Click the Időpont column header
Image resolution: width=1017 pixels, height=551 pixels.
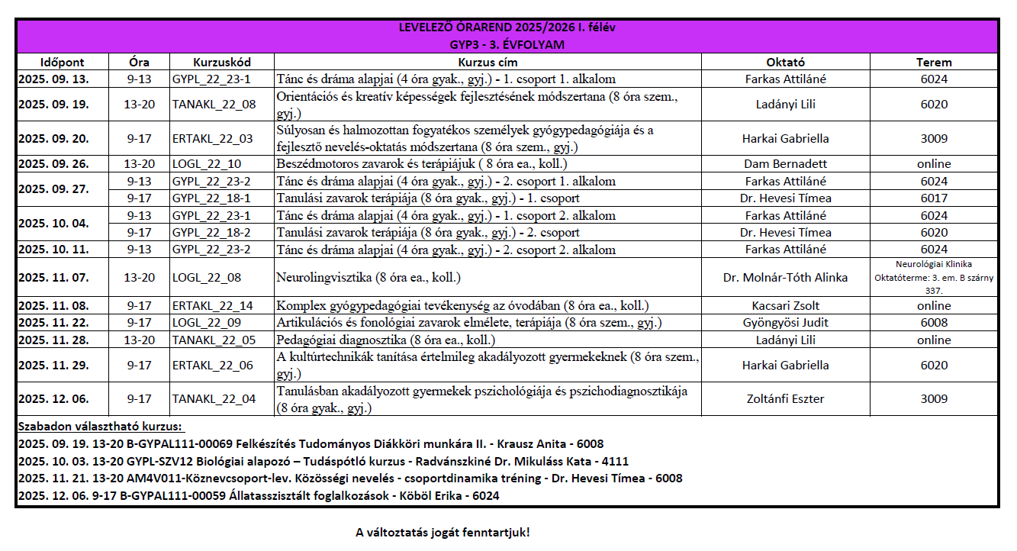[x=62, y=62]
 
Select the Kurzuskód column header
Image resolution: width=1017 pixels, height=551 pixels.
[x=222, y=62]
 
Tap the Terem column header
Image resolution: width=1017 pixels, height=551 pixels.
[x=934, y=62]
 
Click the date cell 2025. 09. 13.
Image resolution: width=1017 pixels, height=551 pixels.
[x=53, y=79]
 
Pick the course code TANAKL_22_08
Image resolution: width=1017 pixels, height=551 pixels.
[x=214, y=105]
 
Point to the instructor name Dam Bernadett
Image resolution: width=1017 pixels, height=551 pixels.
[x=785, y=164]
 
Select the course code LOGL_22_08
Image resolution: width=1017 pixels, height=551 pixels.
[x=207, y=278]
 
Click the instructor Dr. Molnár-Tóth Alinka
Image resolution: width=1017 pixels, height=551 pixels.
[x=785, y=278]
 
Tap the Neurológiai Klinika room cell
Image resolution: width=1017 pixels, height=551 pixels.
[x=934, y=277]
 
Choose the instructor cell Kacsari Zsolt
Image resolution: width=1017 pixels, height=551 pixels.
[x=785, y=306]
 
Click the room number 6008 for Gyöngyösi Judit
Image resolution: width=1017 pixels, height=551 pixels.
[x=934, y=323]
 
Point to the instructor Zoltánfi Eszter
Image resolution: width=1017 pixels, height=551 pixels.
[x=785, y=398]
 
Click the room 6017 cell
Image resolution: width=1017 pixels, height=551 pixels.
[x=934, y=198]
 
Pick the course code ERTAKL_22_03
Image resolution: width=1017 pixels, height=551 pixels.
[x=212, y=139]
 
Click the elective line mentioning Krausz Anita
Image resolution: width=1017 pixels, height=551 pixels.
[x=311, y=443]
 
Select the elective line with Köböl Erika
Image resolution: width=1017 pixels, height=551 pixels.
[x=259, y=495]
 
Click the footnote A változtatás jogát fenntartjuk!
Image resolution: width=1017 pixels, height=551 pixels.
[x=443, y=532]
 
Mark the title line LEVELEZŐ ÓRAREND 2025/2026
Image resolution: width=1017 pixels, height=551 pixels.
[x=507, y=28]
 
